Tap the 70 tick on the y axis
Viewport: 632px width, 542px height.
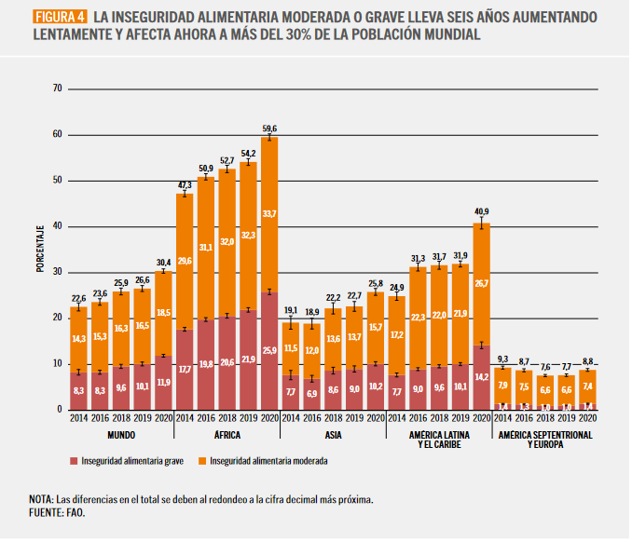pos(58,88)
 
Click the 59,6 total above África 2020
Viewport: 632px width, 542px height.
pos(269,129)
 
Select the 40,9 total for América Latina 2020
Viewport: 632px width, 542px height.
pos(481,210)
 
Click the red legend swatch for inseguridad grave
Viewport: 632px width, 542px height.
pos(73,460)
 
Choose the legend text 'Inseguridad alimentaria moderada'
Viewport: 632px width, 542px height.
pos(268,460)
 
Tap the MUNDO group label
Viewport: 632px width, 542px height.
pos(120,435)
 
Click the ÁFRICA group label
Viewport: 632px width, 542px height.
pos(227,435)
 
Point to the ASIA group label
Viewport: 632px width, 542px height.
pos(333,435)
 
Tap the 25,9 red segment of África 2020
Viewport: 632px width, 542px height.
pos(269,350)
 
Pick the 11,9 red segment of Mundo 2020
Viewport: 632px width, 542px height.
pos(163,382)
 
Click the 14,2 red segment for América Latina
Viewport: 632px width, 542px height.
pos(481,377)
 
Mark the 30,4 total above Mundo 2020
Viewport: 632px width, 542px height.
pos(163,263)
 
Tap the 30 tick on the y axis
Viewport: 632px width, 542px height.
pos(58,272)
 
